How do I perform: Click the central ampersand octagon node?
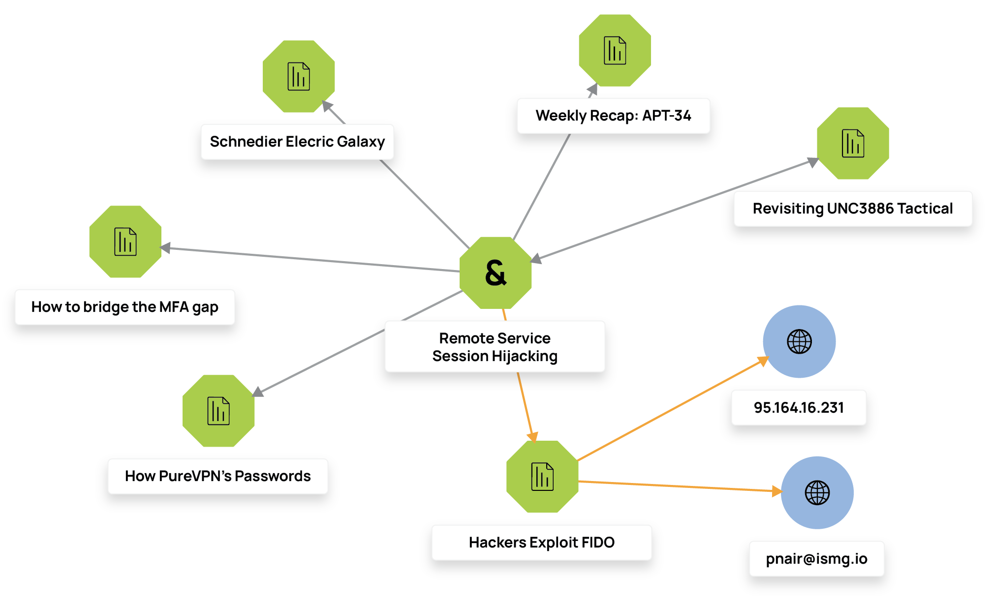(496, 272)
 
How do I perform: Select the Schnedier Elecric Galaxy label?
(297, 142)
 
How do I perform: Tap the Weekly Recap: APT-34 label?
(613, 116)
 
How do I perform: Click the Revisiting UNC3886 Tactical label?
(852, 209)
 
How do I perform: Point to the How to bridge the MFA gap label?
(124, 307)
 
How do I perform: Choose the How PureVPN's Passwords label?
(217, 476)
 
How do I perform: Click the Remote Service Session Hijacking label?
(495, 347)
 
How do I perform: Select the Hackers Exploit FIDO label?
(541, 543)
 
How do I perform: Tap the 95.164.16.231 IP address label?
(799, 408)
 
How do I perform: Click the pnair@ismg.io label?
(816, 559)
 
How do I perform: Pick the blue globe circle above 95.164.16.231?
(799, 341)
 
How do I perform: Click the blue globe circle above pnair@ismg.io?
(817, 492)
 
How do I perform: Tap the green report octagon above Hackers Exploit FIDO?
(542, 477)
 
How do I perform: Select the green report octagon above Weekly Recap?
(615, 50)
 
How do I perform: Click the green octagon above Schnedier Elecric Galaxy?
(299, 76)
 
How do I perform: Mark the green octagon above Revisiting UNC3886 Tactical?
(853, 143)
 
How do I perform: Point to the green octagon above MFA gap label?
(125, 242)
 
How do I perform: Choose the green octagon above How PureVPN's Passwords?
(218, 411)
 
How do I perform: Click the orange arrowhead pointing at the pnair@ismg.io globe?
(777, 490)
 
